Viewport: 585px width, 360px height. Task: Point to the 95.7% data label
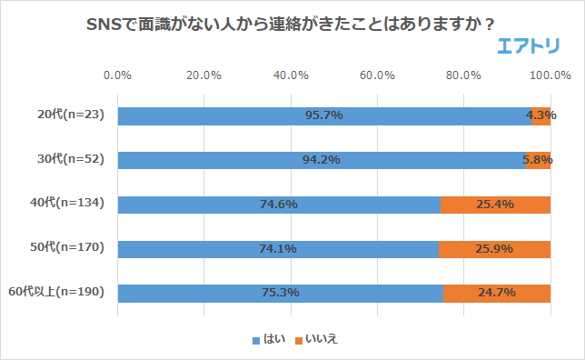(x=324, y=115)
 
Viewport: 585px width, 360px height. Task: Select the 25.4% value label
(x=495, y=205)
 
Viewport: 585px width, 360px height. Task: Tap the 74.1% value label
(x=278, y=249)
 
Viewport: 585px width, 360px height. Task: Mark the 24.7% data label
(x=496, y=293)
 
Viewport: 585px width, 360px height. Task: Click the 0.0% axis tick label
(x=117, y=75)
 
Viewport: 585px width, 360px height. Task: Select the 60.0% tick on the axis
(x=377, y=75)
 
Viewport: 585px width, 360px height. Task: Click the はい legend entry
(x=269, y=339)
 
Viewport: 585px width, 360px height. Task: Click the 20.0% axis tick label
(x=203, y=75)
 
